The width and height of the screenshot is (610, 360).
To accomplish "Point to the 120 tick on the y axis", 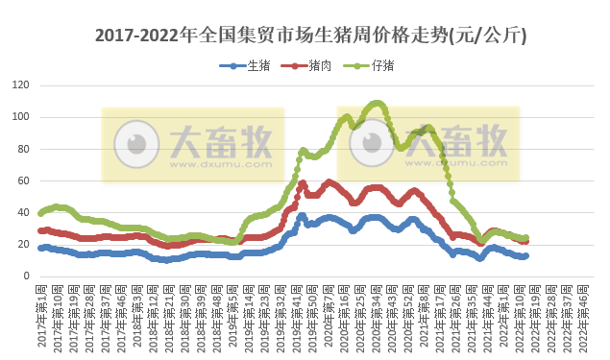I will pyautogui.click(x=19, y=85).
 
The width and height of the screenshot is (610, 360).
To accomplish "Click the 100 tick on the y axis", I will pyautogui.click(x=19, y=117).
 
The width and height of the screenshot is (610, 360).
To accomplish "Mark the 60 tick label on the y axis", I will pyautogui.click(x=22, y=180).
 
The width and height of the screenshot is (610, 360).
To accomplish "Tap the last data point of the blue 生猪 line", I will pyautogui.click(x=525, y=255).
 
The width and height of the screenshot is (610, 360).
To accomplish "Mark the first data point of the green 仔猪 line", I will pyautogui.click(x=40, y=213).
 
